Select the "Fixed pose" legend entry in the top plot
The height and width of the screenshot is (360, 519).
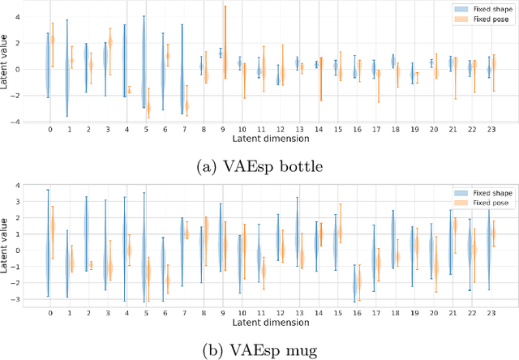tap(481, 19)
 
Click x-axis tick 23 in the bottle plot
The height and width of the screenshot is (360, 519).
tap(491, 128)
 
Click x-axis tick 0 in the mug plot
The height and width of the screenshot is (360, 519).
tap(49, 314)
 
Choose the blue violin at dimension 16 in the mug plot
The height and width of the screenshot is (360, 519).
tap(354, 284)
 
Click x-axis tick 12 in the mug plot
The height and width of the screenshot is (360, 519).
tap(280, 314)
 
